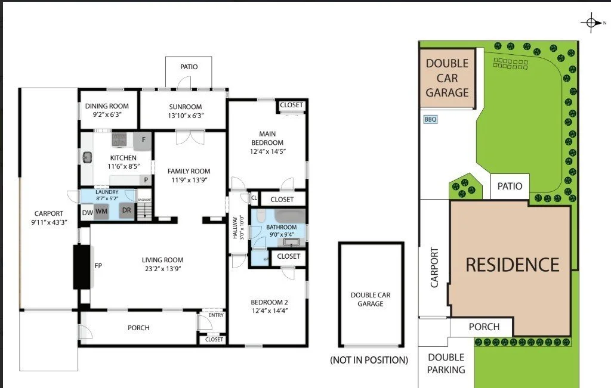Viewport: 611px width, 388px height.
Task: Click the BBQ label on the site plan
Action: pos(430,119)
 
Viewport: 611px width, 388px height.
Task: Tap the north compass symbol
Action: pos(591,23)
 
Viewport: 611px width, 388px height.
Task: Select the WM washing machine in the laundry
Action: pos(101,212)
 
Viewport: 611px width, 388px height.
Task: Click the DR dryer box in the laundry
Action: pos(126,210)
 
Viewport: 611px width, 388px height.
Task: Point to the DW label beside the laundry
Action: pos(87,213)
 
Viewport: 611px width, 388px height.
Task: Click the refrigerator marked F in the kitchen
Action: pos(143,141)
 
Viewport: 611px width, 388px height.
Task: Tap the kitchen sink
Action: pos(87,157)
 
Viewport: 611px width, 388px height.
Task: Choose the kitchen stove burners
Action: pos(119,139)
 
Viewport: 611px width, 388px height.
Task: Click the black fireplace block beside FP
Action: pos(81,266)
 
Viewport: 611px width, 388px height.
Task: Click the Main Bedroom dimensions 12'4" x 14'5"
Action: pos(268,151)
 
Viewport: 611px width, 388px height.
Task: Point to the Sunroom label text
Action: pos(186,107)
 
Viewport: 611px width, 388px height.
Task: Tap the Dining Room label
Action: pos(107,106)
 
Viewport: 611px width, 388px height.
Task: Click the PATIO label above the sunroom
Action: pos(189,67)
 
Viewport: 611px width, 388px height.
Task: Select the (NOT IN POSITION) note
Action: pos(369,360)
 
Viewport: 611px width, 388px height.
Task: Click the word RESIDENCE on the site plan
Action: pos(513,265)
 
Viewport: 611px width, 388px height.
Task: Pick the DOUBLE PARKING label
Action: pos(446,364)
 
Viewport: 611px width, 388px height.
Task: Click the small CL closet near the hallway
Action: pos(254,198)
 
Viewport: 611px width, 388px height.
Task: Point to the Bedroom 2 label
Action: pos(269,302)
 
